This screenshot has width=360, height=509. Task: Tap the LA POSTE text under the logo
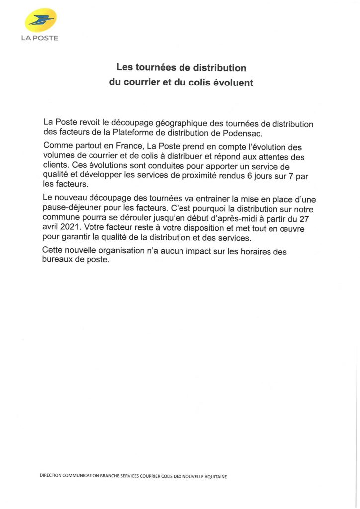point(40,38)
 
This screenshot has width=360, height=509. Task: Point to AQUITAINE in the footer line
point(214,476)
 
